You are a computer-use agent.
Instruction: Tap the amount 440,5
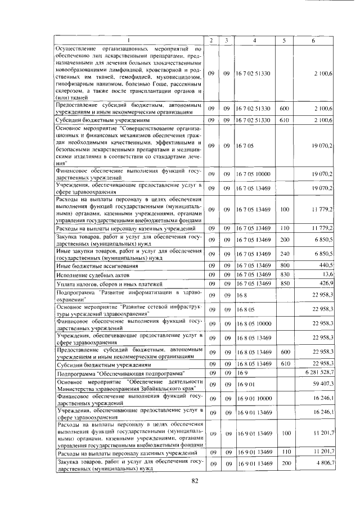coord(327,265)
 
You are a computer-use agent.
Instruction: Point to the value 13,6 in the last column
coord(328,274)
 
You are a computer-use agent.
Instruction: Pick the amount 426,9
coord(327,283)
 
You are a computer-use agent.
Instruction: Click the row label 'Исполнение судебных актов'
coord(92,275)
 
